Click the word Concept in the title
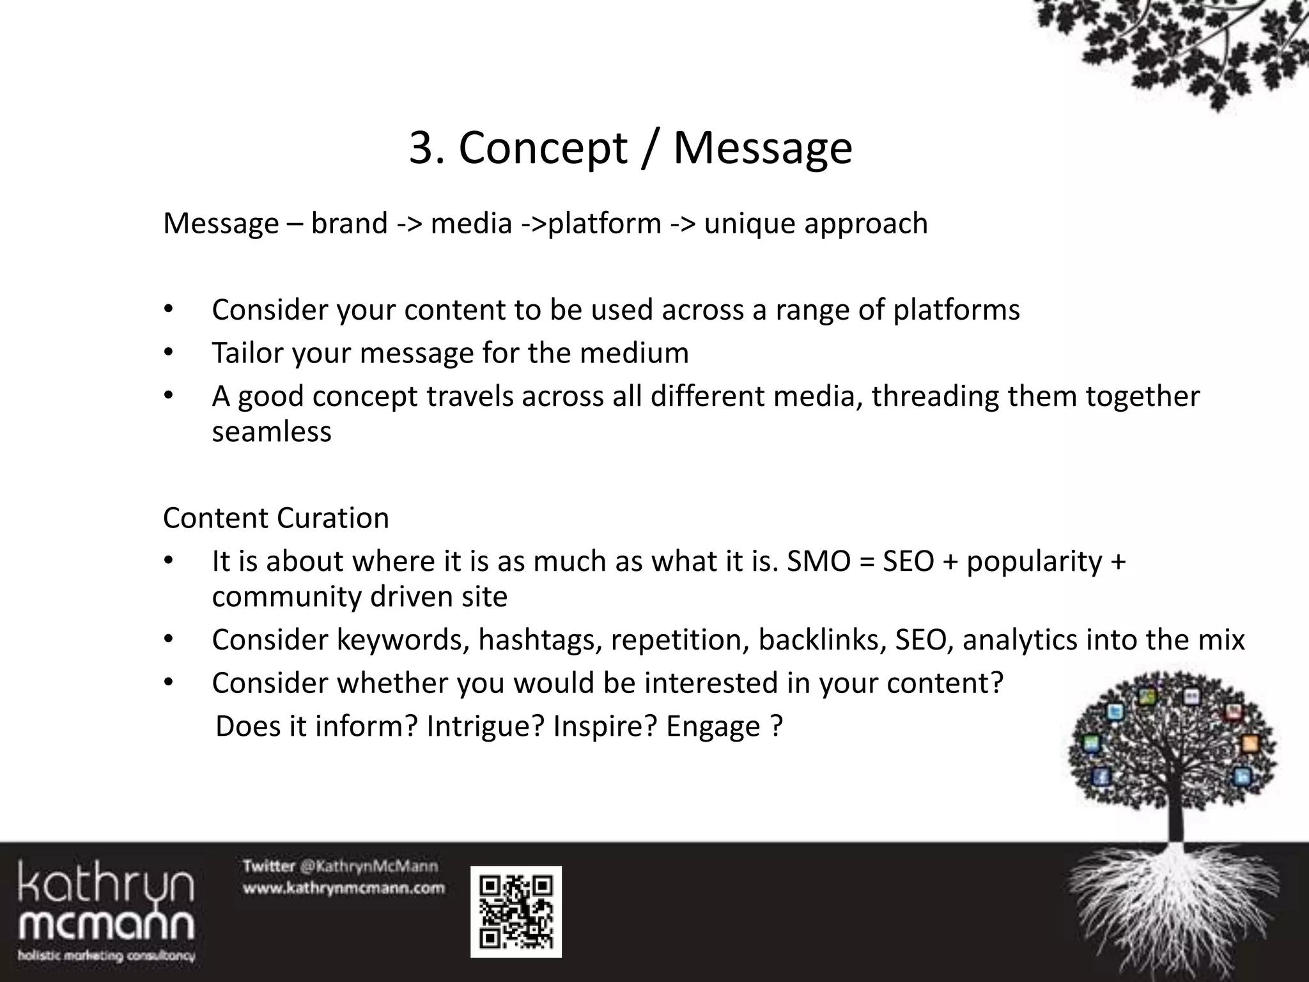pos(543,148)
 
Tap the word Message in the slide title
pos(763,148)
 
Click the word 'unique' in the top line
pos(749,223)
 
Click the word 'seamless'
pos(272,432)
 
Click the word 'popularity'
pos(1034,561)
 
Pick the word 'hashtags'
pos(539,640)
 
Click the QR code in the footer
pos(516,912)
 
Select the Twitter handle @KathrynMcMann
pos(369,867)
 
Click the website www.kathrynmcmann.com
pos(343,888)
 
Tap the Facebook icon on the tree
pos(1100,777)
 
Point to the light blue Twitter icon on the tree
pos(1115,712)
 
